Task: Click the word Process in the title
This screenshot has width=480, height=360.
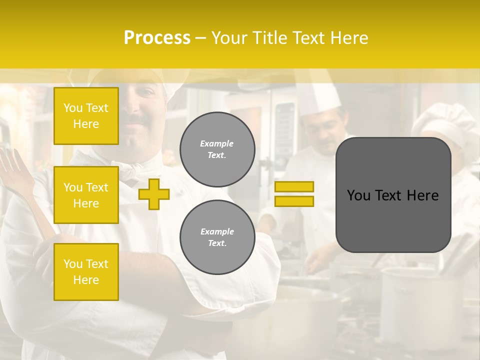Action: [x=157, y=38]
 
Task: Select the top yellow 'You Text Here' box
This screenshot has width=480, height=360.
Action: [x=86, y=116]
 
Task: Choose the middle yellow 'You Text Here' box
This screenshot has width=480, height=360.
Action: [x=86, y=195]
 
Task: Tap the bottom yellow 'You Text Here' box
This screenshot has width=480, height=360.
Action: [x=86, y=272]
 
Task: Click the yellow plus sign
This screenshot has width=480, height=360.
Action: [x=154, y=194]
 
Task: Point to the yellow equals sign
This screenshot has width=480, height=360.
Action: [x=294, y=194]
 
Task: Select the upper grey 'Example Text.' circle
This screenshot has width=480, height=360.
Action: [x=217, y=149]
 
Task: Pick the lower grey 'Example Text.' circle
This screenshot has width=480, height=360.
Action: [x=217, y=237]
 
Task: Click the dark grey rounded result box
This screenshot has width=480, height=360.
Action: [x=393, y=195]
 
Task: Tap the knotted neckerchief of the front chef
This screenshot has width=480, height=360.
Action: [x=132, y=172]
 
